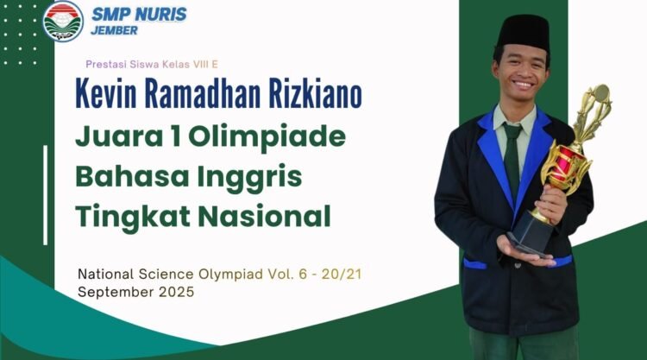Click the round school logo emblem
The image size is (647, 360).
(x=63, y=21)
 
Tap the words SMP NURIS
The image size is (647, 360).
(x=139, y=15)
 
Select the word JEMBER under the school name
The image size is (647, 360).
(x=114, y=30)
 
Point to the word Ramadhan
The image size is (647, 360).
(x=203, y=93)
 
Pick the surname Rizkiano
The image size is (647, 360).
(x=316, y=93)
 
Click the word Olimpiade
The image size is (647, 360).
(x=267, y=137)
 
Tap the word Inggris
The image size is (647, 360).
(x=249, y=178)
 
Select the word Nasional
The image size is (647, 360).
(x=264, y=216)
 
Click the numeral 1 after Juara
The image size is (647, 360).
(x=177, y=136)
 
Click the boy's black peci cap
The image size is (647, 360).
(x=524, y=32)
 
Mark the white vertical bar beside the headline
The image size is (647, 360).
(x=46, y=195)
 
